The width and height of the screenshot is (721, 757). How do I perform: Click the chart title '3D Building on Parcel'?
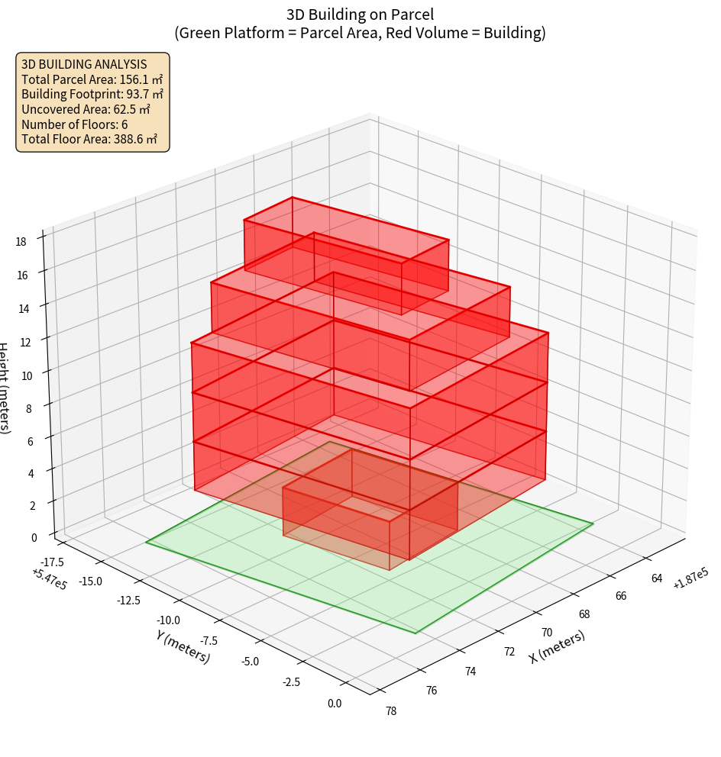(x=360, y=14)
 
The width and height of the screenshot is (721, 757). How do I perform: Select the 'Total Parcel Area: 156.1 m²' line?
(x=92, y=79)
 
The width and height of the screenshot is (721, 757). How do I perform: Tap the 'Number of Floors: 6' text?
(x=74, y=124)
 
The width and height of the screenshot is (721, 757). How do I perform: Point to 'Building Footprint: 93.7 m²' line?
(x=92, y=94)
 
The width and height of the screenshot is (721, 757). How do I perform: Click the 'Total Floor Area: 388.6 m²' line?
(x=89, y=140)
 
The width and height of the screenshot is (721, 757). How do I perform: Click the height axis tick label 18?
(x=21, y=242)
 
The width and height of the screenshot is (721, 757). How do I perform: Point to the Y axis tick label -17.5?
(x=49, y=562)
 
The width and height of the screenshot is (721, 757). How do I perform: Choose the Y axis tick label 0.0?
(x=334, y=704)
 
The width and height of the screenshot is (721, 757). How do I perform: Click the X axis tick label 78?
(x=390, y=711)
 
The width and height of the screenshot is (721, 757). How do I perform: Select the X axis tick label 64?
(x=657, y=578)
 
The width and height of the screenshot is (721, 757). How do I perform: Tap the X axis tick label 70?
(x=546, y=633)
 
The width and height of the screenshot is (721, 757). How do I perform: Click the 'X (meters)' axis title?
(x=557, y=646)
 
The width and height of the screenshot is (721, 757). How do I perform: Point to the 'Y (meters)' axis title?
(x=183, y=646)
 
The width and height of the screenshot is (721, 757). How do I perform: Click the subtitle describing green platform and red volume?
(x=360, y=33)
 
